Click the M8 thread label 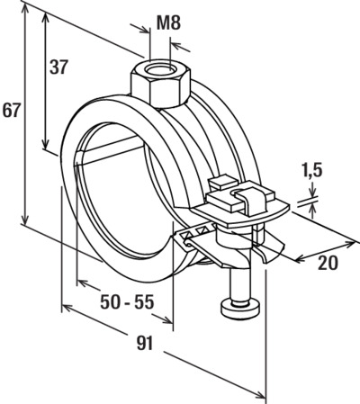click(169, 23)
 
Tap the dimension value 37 click(58, 67)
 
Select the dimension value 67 click(12, 111)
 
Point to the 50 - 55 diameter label click(127, 301)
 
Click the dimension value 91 click(145, 343)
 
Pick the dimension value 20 click(328, 263)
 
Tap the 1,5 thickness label click(312, 170)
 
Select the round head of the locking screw click(240, 309)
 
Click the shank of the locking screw click(240, 284)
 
